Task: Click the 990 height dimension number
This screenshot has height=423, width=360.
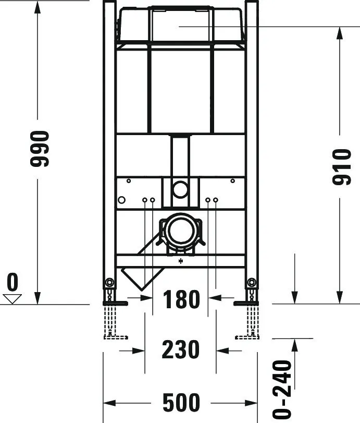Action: point(39,149)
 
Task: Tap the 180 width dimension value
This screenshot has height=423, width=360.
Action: point(181,299)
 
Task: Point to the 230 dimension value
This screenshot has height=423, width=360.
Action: point(180,350)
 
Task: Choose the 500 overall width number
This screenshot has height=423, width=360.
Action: point(181,403)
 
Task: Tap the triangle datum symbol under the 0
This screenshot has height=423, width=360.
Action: point(12,298)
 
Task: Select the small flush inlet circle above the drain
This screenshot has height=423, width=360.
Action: point(180,189)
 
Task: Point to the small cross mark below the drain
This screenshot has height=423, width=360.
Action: point(181,261)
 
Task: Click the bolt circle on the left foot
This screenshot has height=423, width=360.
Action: point(109,283)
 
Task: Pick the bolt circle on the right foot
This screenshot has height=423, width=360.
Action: point(252,283)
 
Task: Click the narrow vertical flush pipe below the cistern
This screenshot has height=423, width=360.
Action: point(180,156)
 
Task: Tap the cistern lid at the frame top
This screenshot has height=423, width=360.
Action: point(180,23)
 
